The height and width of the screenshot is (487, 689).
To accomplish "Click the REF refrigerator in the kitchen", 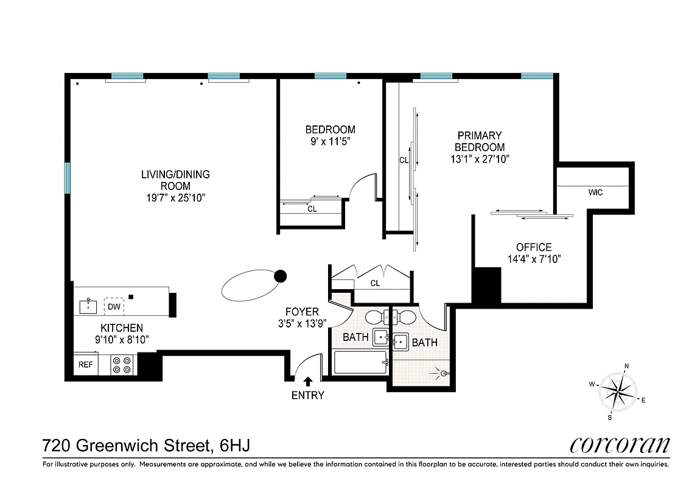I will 83,365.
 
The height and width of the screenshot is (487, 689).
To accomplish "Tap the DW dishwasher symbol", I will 114,306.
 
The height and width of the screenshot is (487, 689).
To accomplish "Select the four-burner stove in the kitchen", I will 123,365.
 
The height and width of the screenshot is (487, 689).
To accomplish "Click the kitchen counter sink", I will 89,306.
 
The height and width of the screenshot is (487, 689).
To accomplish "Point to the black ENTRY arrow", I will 308,382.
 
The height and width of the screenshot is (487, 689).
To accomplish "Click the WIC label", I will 595,192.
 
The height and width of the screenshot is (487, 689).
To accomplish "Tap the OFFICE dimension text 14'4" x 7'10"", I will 534,259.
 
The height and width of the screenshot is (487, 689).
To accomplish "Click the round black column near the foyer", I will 280,276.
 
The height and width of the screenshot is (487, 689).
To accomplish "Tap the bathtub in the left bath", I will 360,363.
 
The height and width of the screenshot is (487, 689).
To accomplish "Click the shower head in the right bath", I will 444,373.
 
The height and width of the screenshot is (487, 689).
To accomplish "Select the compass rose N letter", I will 626,366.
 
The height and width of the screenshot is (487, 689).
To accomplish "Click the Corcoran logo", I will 620,445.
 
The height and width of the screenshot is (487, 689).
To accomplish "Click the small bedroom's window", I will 331,76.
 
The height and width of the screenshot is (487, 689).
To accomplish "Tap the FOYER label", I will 302,312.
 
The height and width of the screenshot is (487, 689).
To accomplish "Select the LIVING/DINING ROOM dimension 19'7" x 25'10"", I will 175,198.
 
